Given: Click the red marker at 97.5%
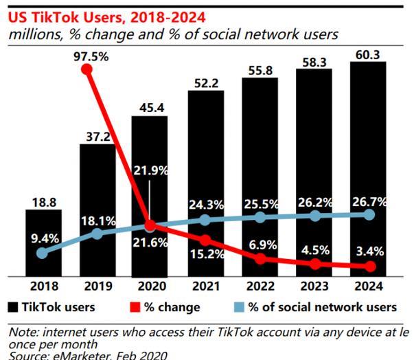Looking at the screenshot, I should click(86, 69).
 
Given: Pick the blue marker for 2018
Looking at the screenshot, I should click(43, 253).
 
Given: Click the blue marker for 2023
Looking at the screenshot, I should click(314, 215).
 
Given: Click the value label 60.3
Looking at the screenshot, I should click(368, 52).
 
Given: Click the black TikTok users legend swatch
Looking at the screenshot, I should click(13, 306).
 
